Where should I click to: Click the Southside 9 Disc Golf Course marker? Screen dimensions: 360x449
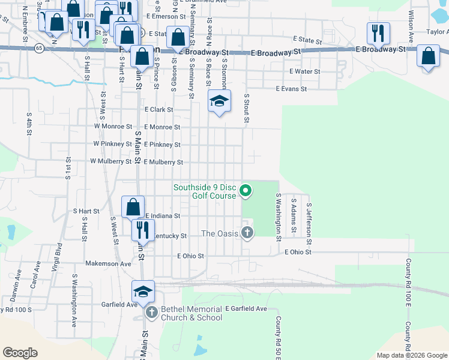click(x=245, y=191)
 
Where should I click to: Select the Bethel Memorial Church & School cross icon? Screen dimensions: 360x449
click(x=151, y=313)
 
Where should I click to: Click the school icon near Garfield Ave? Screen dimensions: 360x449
click(x=143, y=292)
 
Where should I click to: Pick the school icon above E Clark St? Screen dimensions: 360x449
click(x=220, y=101)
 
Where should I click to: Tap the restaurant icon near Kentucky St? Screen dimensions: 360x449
click(x=143, y=230)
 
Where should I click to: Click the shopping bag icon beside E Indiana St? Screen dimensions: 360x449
click(x=133, y=207)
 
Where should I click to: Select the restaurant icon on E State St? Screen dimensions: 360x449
click(x=378, y=34)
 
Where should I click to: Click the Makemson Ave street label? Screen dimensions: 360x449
click(x=108, y=263)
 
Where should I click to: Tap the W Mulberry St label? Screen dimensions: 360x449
click(x=110, y=161)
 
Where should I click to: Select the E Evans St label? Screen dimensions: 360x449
click(x=291, y=89)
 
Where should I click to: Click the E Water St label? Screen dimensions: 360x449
click(x=304, y=71)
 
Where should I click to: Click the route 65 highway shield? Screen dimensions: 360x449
click(x=40, y=47)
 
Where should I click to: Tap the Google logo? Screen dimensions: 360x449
click(x=20, y=353)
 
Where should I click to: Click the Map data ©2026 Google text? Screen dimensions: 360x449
click(x=411, y=355)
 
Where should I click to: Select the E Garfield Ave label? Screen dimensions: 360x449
click(x=246, y=308)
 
